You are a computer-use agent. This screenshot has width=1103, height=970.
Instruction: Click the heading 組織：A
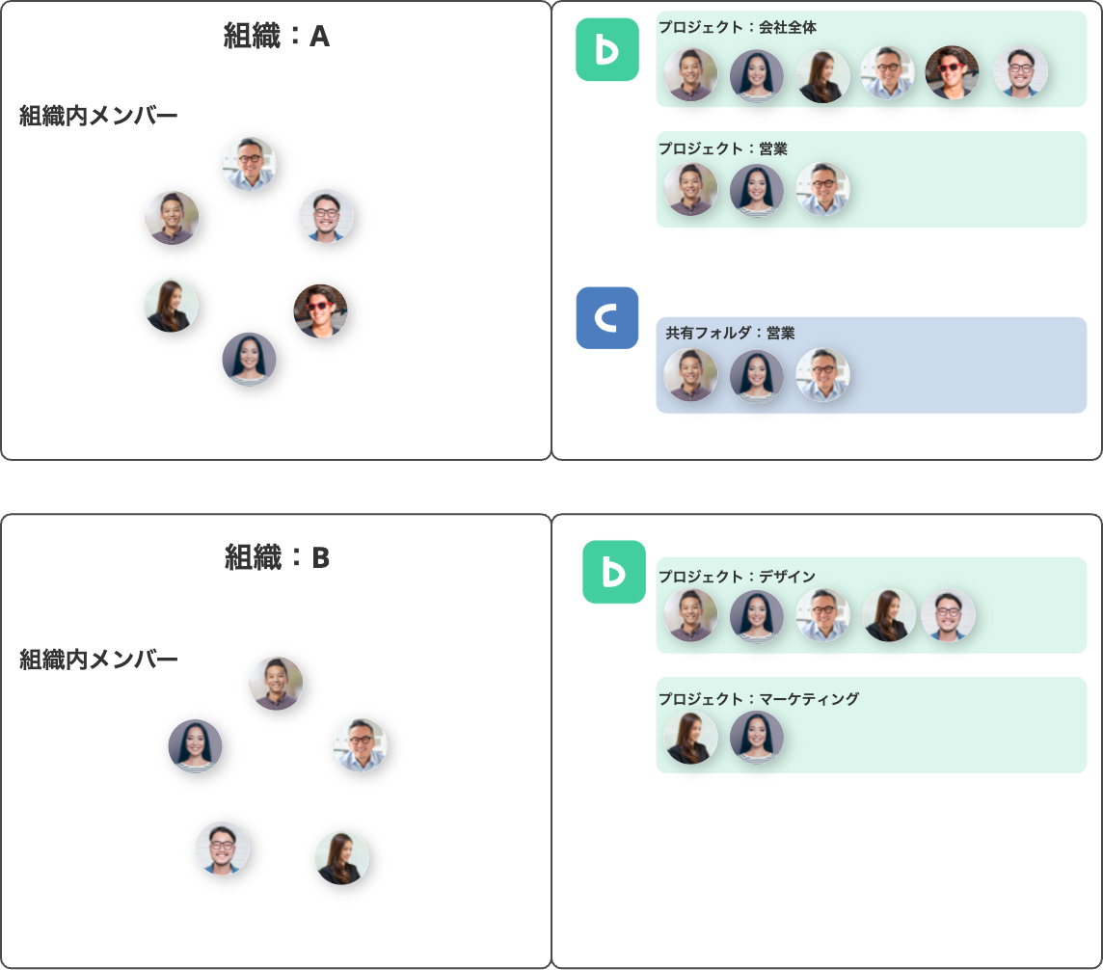coord(277,36)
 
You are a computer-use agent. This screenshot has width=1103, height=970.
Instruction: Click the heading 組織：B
coord(277,557)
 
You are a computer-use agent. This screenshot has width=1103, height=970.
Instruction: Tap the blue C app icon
coord(607,318)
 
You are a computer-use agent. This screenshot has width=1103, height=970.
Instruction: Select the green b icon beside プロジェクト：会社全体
coord(607,49)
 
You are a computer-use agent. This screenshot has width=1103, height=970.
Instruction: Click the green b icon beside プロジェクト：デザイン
coord(614,572)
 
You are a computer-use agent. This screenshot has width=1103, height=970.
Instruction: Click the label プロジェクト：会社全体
coord(738,27)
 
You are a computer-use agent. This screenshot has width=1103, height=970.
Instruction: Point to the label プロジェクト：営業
coord(722,148)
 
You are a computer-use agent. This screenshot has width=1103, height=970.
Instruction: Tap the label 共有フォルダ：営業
coord(730,333)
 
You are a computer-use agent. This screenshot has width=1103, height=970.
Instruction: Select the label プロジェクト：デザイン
coord(737,577)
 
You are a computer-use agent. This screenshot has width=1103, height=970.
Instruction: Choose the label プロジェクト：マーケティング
coord(758,698)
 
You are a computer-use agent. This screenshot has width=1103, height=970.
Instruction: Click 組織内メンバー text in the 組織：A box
coord(98,116)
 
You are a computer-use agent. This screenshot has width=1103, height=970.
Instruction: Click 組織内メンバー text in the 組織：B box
coord(98,660)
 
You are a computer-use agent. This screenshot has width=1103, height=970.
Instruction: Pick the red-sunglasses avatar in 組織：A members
coord(320,310)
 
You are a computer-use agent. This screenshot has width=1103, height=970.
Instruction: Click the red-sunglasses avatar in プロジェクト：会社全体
coord(952,72)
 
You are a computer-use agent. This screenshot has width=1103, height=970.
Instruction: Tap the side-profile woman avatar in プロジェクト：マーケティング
coord(690,738)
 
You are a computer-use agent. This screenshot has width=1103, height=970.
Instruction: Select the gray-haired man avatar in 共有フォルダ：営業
coord(822,375)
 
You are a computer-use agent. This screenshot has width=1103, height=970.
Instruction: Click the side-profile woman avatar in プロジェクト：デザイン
coord(889,615)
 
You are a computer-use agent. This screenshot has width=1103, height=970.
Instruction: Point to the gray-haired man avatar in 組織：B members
coord(361,745)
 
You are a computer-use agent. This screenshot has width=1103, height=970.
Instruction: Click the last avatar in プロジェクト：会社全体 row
coord(1021,71)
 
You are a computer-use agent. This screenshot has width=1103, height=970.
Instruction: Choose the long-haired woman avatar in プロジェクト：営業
coord(756,190)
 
